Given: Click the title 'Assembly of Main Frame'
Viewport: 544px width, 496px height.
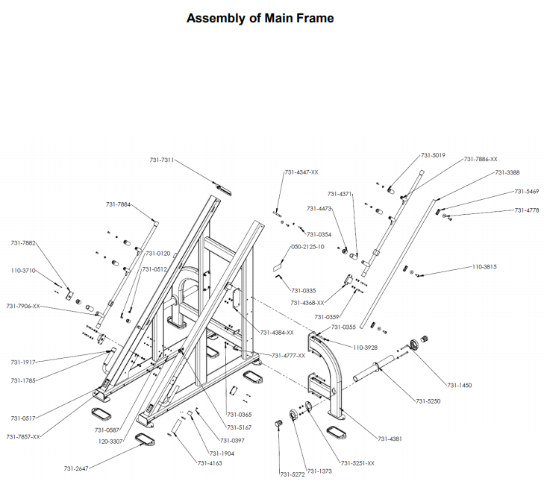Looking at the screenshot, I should [x=260, y=18].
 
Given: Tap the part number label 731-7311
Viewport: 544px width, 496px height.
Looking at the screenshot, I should [x=161, y=160].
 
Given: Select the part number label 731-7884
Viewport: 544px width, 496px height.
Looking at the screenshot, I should [x=119, y=204].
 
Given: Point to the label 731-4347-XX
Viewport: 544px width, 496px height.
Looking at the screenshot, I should [x=301, y=172].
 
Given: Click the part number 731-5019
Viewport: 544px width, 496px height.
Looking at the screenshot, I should [x=433, y=155].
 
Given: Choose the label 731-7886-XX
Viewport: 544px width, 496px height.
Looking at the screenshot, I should [x=481, y=159].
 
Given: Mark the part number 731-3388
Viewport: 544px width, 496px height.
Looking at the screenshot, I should [x=507, y=173].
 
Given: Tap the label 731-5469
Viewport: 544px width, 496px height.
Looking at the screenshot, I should [x=527, y=192].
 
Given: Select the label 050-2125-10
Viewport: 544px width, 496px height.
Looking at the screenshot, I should [x=307, y=246].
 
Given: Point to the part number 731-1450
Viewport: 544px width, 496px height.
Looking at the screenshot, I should [x=460, y=385].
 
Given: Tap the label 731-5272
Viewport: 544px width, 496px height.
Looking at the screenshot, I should [x=293, y=474].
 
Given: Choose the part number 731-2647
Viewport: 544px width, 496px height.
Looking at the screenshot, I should [x=76, y=468].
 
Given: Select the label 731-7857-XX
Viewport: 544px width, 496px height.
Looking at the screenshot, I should [x=23, y=436].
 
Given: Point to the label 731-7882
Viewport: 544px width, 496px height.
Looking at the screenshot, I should [x=23, y=243].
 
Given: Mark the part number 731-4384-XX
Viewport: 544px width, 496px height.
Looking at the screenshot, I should [x=277, y=332].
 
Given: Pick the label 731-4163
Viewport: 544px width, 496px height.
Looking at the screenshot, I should [x=210, y=463].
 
